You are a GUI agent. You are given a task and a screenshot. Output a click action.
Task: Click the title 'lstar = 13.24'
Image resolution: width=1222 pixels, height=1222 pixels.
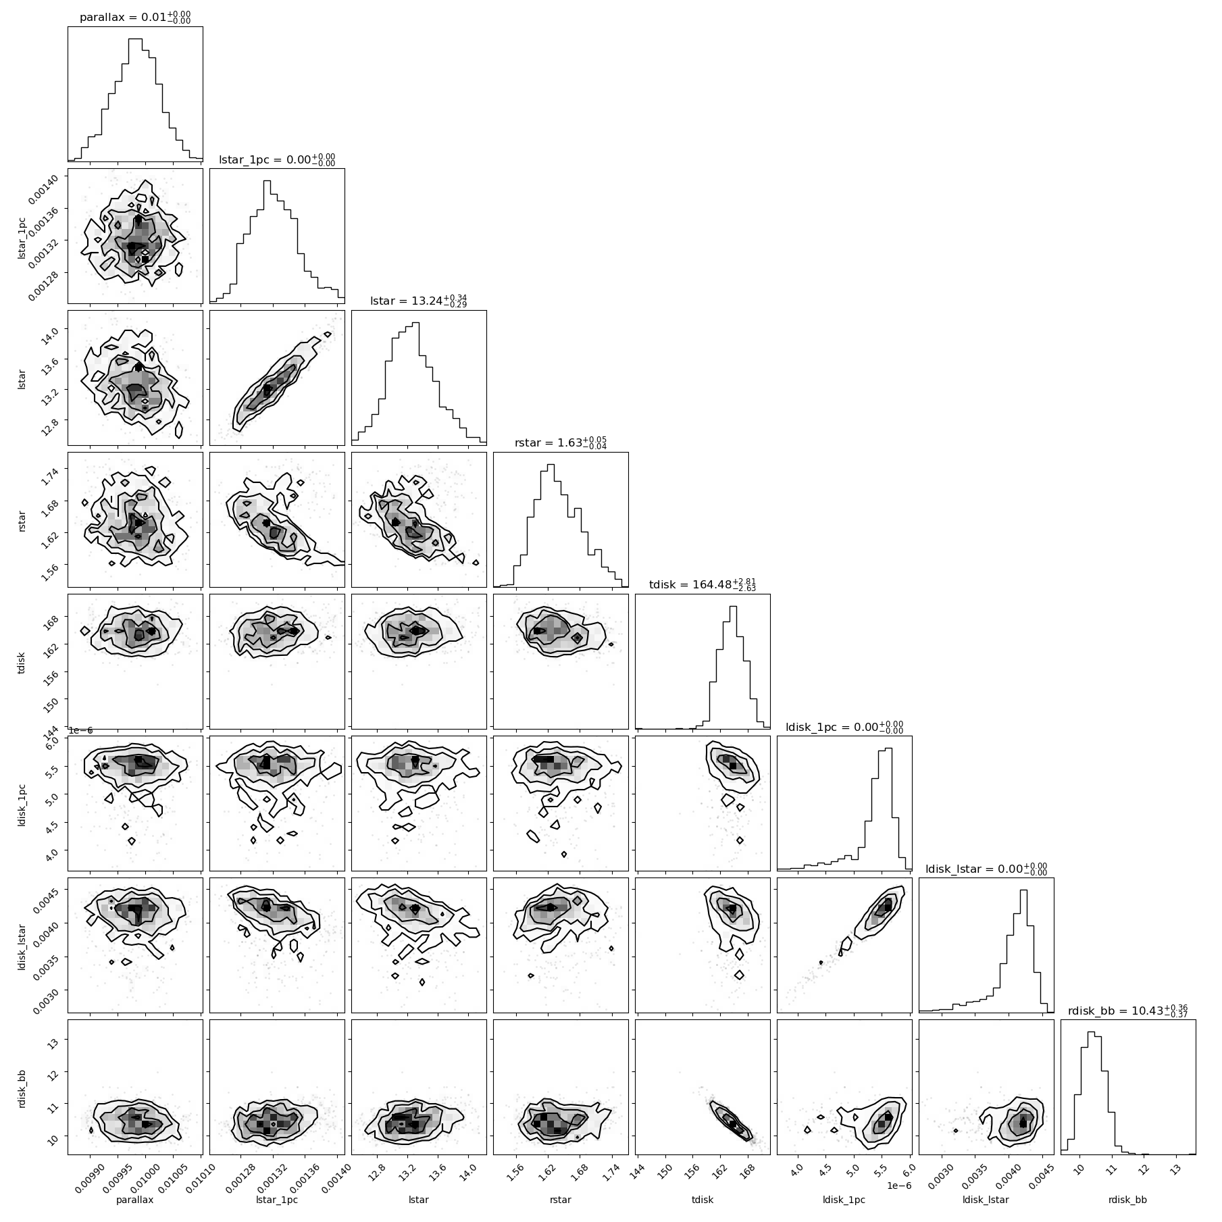coord(419,301)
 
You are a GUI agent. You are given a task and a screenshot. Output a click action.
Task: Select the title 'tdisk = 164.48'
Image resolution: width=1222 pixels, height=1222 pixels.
coord(703,584)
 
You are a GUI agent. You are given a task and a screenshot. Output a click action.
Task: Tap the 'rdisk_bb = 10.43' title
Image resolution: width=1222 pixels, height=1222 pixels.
coord(1128,1010)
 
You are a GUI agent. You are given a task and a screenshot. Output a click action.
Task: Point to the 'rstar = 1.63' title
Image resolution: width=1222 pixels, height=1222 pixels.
coord(561,442)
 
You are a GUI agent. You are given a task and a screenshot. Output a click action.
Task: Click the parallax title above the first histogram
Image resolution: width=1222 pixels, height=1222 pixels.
coord(135,18)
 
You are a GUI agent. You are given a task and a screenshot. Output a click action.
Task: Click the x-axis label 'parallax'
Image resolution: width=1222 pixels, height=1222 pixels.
coord(135,1200)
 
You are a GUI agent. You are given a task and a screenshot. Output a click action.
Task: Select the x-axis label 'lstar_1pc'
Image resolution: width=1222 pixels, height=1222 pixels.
coord(277,1200)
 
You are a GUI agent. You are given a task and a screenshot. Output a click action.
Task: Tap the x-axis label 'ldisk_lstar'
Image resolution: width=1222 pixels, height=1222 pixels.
coord(986,1200)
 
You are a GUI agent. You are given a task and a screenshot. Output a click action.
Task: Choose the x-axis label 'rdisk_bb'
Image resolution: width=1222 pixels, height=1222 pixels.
coord(1128,1200)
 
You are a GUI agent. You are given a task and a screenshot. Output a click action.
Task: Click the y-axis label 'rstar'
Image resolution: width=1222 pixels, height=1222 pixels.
coord(22,520)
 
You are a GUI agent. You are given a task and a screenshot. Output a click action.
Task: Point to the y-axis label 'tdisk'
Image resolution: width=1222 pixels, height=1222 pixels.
coord(22,662)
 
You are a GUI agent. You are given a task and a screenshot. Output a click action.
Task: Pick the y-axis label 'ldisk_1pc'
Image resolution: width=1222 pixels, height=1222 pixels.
coord(22,804)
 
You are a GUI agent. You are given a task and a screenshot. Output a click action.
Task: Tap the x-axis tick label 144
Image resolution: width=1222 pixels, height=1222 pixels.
coord(638,1168)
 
